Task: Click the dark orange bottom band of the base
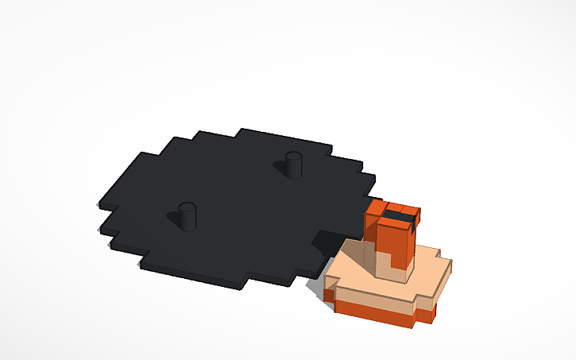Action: click(x=373, y=311)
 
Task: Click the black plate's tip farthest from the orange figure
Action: click(x=99, y=208)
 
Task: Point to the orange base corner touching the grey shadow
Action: click(x=329, y=295)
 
